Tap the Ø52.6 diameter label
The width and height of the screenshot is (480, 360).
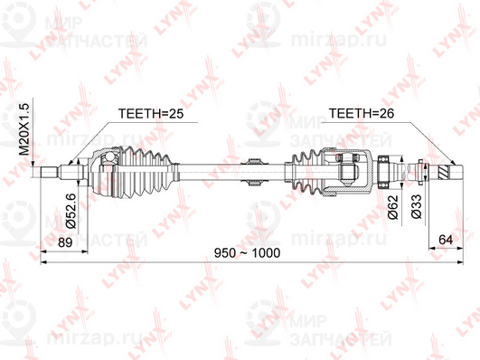pos(71,207)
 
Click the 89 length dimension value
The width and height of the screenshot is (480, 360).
pos(64,242)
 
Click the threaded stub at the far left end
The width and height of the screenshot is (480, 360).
pos(50,169)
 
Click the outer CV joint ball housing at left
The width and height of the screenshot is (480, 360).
pos(102,169)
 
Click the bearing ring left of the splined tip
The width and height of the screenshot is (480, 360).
pos(383,169)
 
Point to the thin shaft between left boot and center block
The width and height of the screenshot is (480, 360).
pos(208,168)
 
